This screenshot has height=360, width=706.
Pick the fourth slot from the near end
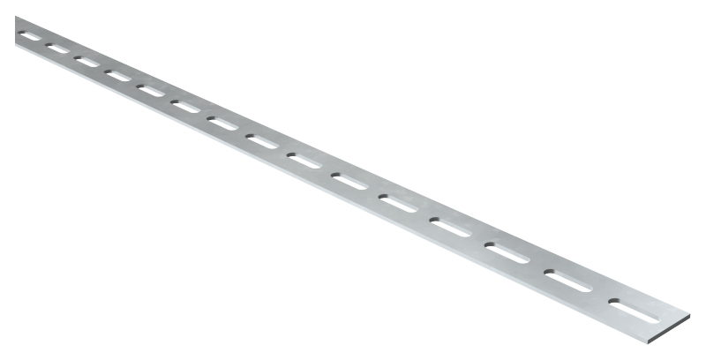(x=452, y=227)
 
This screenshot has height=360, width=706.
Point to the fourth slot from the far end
(x=117, y=76)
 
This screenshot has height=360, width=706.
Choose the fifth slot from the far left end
(x=150, y=91)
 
